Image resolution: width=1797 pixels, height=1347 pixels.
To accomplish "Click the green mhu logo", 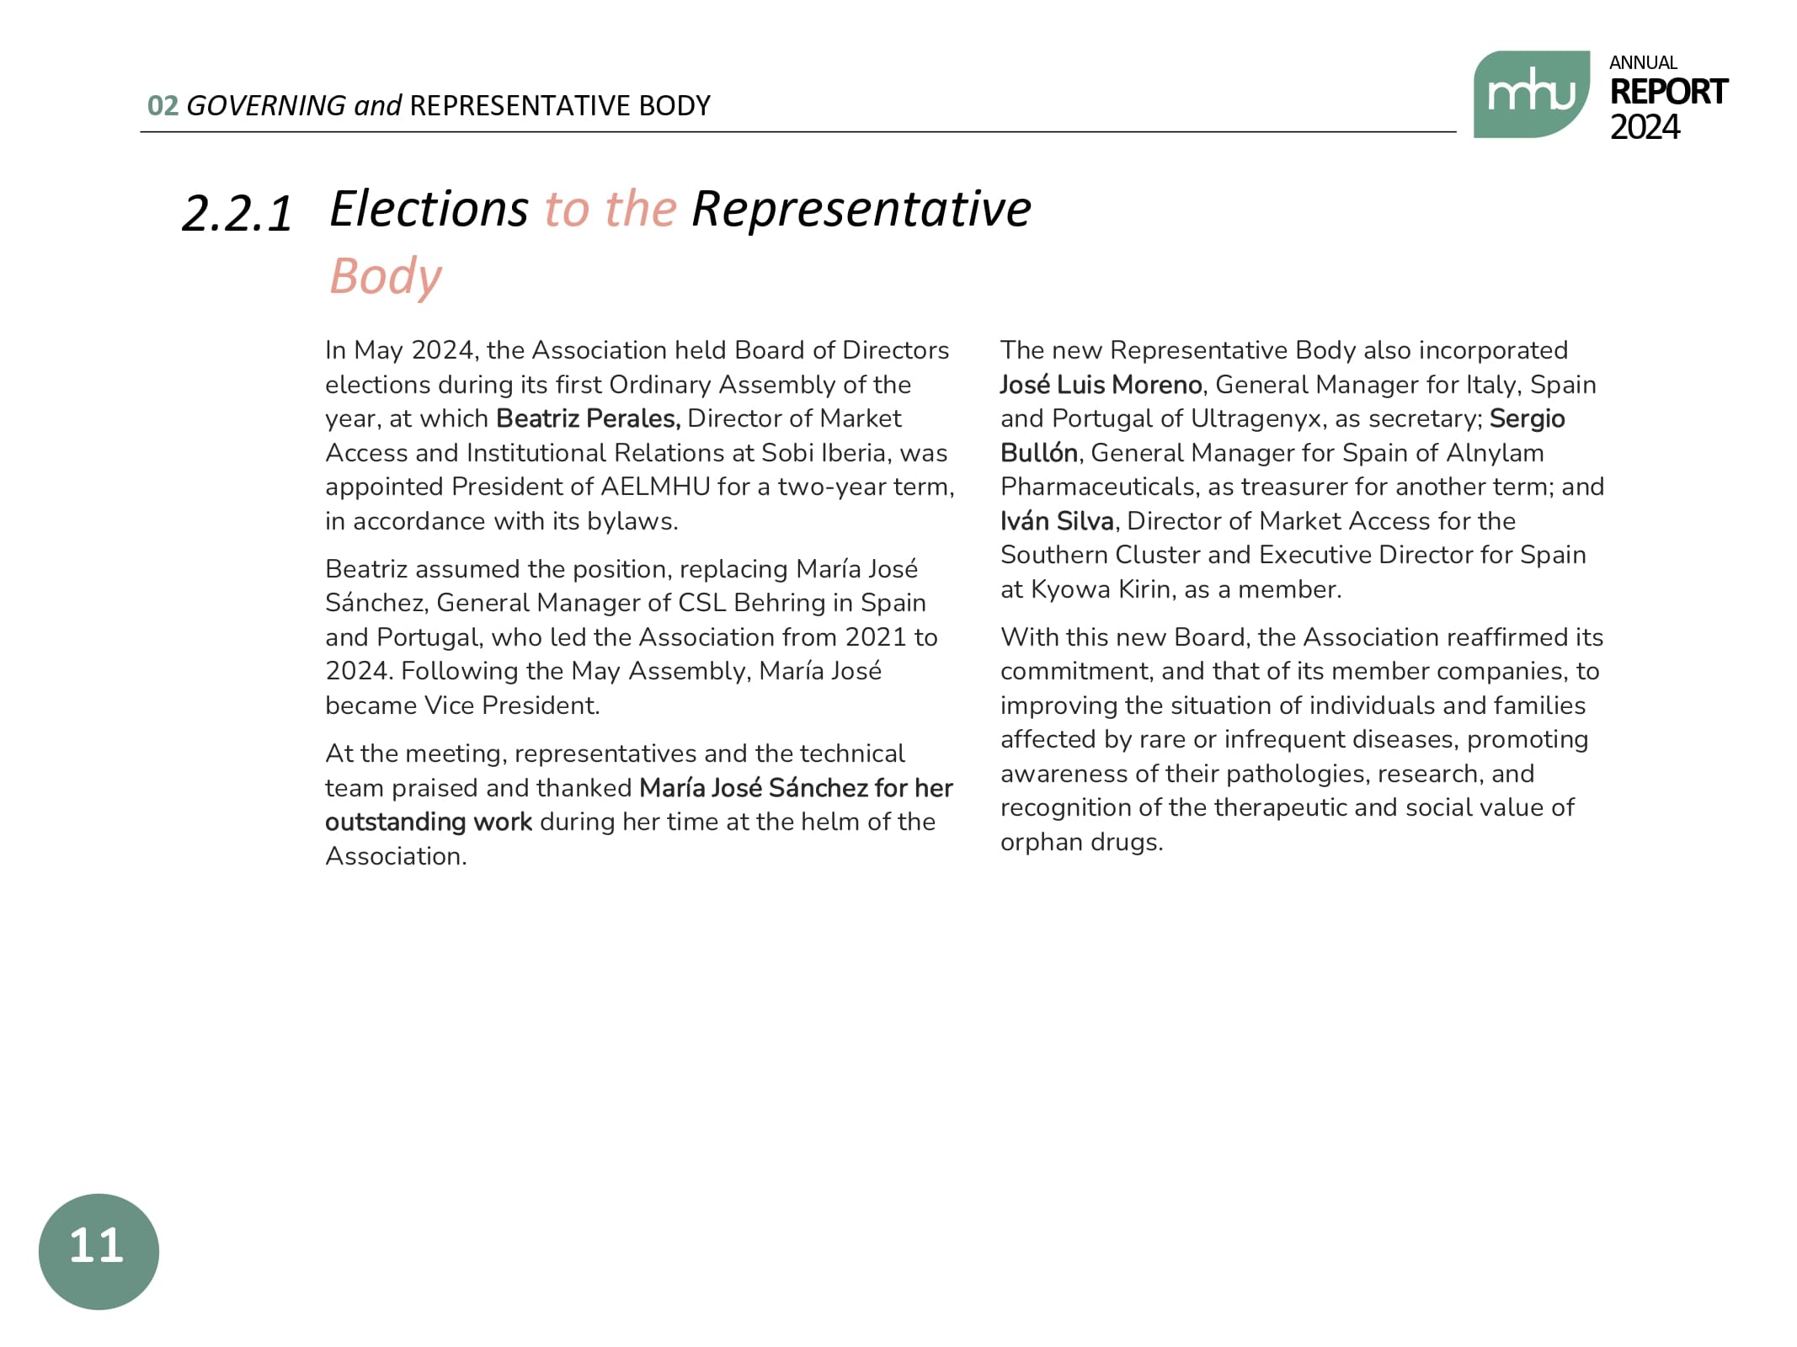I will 1530,94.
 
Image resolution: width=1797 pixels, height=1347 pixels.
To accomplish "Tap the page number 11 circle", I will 99,1250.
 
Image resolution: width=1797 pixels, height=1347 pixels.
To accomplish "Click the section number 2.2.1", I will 237,213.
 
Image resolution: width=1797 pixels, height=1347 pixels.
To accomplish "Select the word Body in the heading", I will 386,276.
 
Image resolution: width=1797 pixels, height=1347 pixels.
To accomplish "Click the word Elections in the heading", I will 429,209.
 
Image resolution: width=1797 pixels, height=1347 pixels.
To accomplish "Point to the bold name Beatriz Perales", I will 588,418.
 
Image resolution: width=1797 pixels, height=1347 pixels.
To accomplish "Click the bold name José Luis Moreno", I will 1101,385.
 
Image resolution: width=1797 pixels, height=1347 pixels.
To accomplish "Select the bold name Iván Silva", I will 1057,521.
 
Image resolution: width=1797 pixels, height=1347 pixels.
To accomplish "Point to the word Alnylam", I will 1495,453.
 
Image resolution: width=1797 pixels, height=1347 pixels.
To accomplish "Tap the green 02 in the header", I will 163,106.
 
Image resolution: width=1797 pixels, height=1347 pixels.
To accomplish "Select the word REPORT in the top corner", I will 1668,92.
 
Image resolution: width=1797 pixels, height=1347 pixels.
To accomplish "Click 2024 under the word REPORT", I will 1645,127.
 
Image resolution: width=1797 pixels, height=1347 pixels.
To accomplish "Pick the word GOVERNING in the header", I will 265,106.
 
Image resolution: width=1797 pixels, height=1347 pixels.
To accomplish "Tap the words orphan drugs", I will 1080,842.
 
